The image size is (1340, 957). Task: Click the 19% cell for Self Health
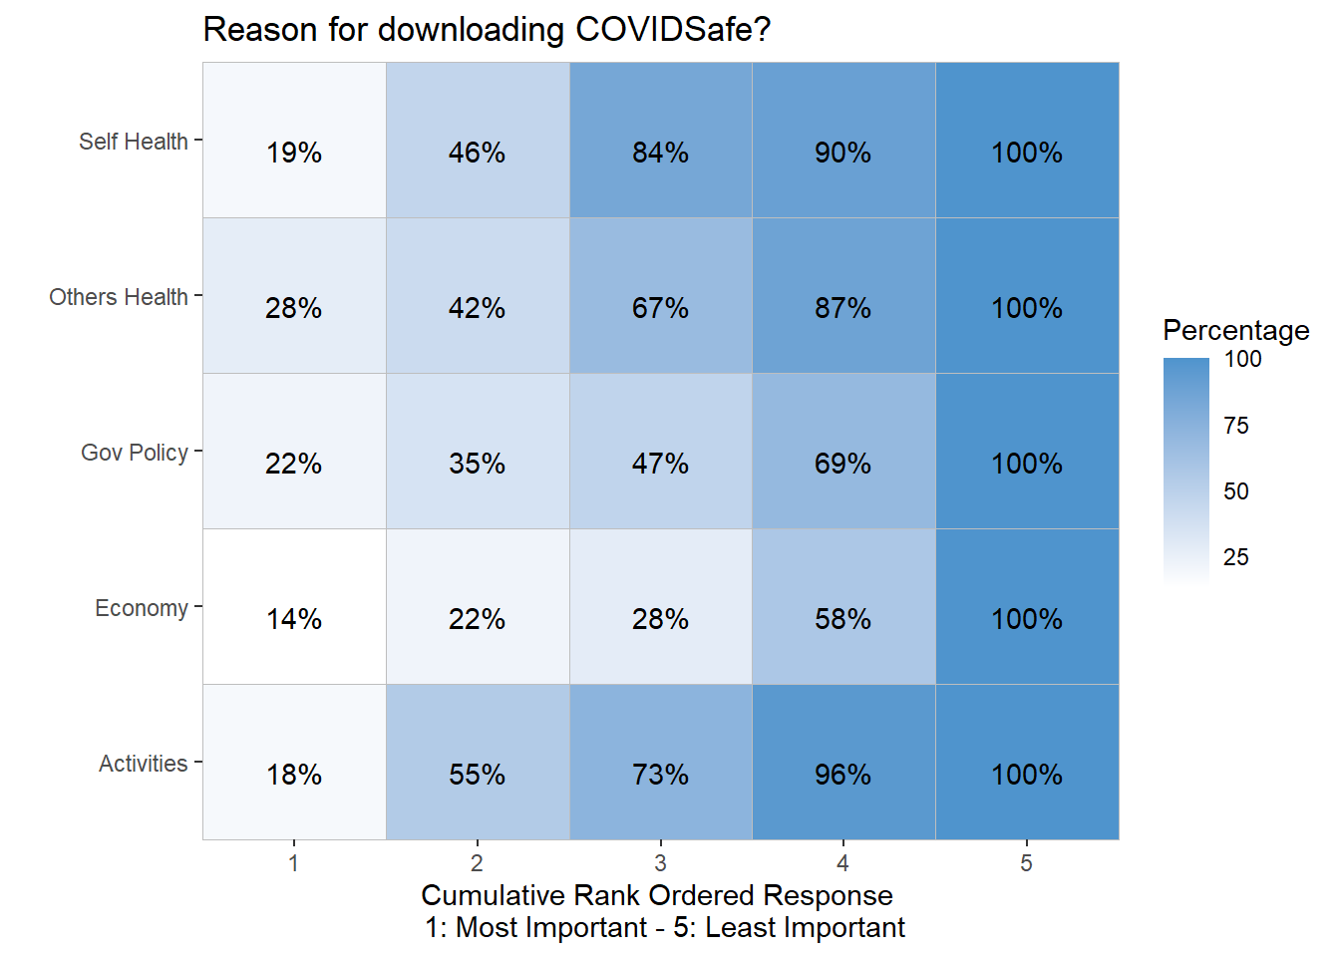(x=294, y=153)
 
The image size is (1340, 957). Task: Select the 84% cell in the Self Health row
(x=660, y=153)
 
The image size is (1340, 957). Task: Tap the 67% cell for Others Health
(x=660, y=308)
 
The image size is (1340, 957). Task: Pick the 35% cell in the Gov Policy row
(x=477, y=464)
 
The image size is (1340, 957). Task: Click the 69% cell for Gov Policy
(x=842, y=464)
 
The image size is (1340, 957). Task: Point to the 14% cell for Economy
(x=294, y=619)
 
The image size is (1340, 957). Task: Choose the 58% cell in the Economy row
(x=842, y=619)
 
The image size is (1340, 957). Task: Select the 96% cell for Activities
(x=842, y=775)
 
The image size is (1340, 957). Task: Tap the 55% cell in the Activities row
(x=477, y=775)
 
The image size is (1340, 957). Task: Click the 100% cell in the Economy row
(x=1027, y=619)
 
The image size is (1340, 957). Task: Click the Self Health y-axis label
(x=134, y=142)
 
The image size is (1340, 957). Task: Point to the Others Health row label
(x=119, y=297)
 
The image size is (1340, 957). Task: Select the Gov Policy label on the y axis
(x=135, y=453)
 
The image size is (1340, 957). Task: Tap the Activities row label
(x=144, y=764)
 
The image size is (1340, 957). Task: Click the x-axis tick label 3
(x=660, y=863)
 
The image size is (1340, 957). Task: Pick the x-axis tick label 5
(x=1026, y=863)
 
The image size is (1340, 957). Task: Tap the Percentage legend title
(x=1236, y=330)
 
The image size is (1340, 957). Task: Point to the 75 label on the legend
(x=1236, y=426)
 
